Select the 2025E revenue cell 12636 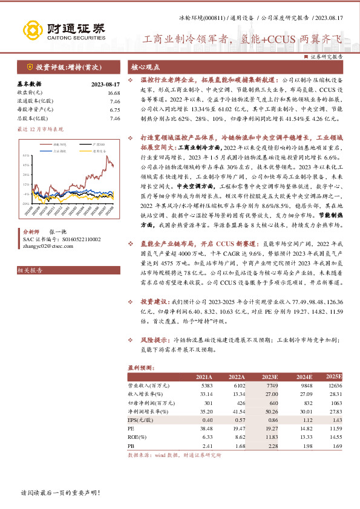(334, 385)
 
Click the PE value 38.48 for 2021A (205, 427)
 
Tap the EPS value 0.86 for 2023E (272, 419)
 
